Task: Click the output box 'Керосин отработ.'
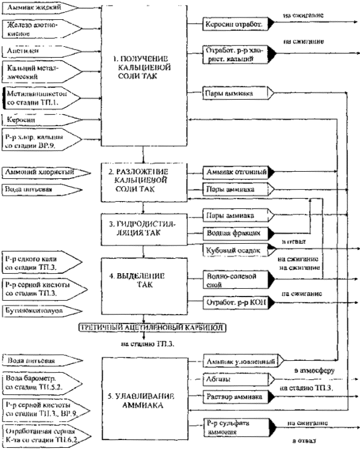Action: (235, 23)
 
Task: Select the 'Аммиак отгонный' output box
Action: (235, 172)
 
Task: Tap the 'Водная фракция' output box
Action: (235, 232)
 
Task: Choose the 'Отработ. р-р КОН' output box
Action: (235, 302)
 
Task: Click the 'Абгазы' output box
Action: (235, 379)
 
